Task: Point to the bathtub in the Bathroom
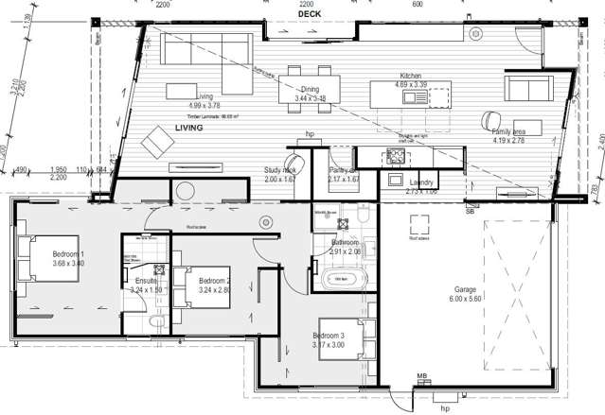coord(342,279)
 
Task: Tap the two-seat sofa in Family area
coord(531,89)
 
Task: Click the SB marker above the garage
coord(470,212)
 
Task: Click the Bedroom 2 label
coord(215,281)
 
